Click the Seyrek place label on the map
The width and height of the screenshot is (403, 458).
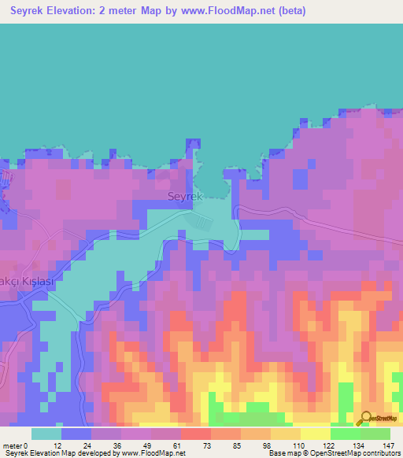tap(185, 197)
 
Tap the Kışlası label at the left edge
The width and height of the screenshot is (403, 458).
tap(31, 281)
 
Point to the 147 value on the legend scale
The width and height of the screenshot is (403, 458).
tap(389, 445)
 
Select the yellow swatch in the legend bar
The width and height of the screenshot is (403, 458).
tap(315, 434)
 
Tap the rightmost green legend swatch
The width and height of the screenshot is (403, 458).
tap(375, 434)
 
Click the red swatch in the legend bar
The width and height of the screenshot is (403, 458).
tap(195, 434)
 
